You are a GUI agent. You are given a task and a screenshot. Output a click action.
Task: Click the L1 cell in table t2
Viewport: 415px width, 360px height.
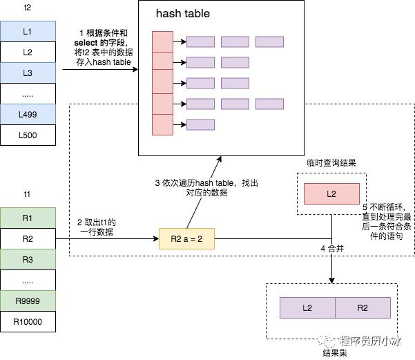[x=28, y=32]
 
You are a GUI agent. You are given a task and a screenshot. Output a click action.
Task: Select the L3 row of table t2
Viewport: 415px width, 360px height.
[x=28, y=73]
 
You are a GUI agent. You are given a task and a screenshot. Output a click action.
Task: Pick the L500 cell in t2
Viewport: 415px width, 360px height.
[x=28, y=135]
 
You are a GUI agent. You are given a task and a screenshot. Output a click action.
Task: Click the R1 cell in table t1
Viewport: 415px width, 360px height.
[x=28, y=218]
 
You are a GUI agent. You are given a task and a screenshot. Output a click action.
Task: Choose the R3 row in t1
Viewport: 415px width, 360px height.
[x=28, y=260]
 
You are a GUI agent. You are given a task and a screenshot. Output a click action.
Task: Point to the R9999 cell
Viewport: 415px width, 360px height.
[x=28, y=301]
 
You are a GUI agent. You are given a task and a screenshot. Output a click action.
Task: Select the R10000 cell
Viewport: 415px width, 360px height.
[x=28, y=322]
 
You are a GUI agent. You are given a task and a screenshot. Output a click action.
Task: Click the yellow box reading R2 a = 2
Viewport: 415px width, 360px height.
[x=186, y=239]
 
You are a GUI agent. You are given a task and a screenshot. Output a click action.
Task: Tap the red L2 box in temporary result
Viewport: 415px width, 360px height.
[x=331, y=194]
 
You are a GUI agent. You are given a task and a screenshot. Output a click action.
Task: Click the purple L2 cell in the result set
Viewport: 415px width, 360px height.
[x=307, y=307]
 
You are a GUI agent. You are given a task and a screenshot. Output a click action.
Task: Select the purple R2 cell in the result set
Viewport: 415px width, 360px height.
[x=363, y=307]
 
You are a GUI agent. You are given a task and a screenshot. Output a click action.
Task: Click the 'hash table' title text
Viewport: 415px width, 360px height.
[x=183, y=14]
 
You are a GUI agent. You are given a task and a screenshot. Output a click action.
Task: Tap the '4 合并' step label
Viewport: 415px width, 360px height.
[x=332, y=248]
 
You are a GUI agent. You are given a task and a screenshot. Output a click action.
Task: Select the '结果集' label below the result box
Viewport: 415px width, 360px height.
[x=334, y=352]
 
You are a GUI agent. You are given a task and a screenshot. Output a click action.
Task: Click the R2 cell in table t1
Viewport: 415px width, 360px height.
[x=28, y=239]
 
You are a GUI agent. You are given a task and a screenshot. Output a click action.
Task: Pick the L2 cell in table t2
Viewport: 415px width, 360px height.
[x=28, y=53]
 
